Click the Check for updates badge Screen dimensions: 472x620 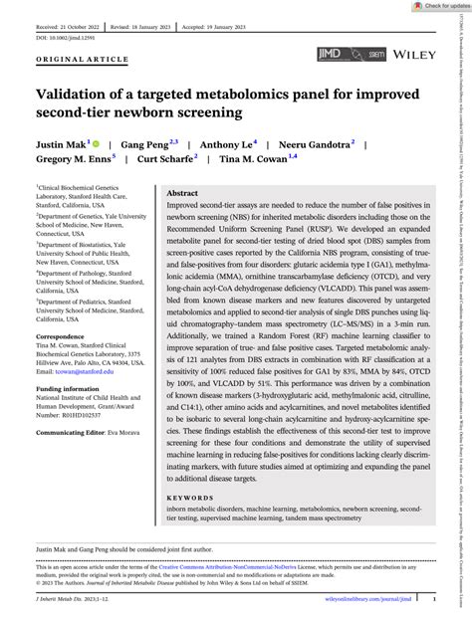(437, 6)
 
